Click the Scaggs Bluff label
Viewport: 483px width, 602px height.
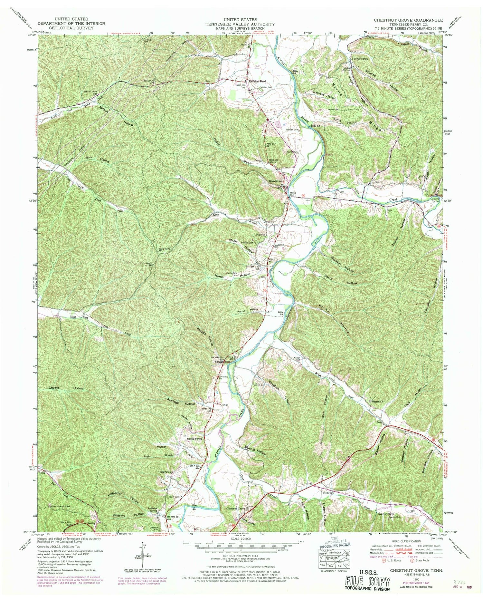(222, 361)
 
